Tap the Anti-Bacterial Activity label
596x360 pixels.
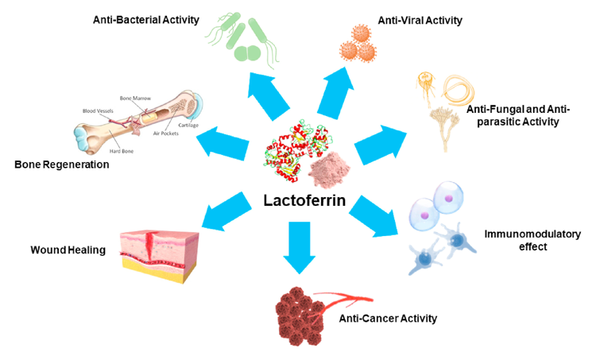point(148,18)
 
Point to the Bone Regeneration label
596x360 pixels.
point(61,165)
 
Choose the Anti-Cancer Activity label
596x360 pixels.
point(388,319)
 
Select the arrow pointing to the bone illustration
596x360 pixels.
point(223,143)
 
